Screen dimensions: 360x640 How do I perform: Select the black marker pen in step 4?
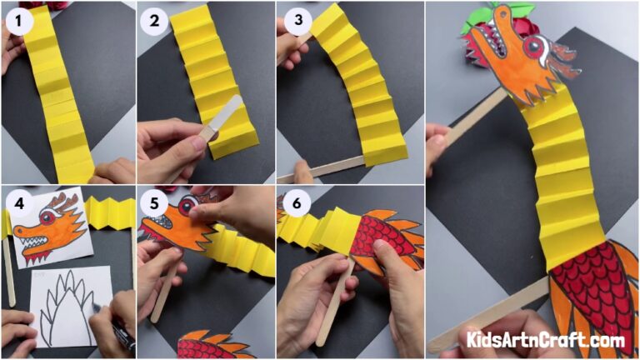click(119, 328)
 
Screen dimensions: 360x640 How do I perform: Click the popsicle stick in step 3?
click(321, 168)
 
